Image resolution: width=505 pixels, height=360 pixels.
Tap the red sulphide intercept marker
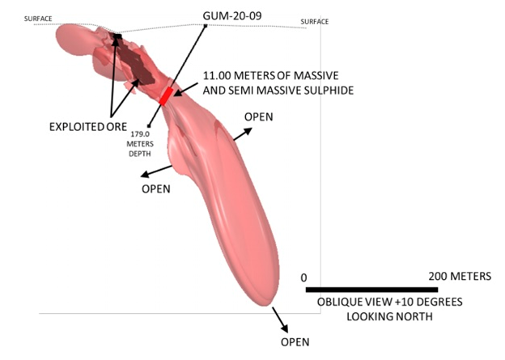(166, 96)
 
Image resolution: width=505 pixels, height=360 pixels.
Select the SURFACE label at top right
(314, 21)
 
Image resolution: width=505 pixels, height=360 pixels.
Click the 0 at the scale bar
(307, 277)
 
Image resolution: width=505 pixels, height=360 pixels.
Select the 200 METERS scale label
(459, 277)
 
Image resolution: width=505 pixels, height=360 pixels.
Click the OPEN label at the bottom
(295, 342)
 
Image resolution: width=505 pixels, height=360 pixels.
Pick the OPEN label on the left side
(156, 188)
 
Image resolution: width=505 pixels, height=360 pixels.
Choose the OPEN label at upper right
(259, 116)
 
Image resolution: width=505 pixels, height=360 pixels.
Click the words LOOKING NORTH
(376, 316)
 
